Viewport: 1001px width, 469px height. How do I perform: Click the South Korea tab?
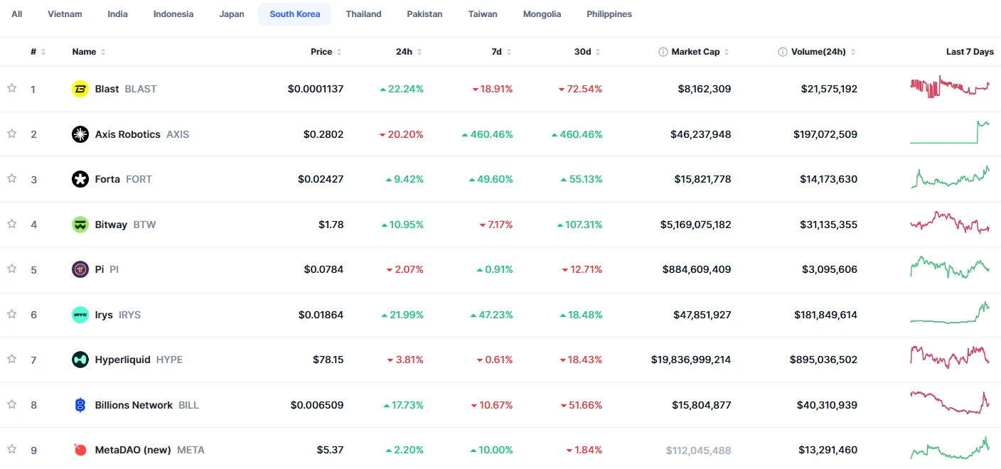(294, 14)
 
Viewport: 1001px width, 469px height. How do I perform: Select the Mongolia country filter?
(542, 14)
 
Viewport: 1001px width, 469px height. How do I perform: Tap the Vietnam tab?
(65, 14)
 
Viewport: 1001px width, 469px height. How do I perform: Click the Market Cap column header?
(695, 52)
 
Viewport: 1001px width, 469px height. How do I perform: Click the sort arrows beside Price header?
(339, 52)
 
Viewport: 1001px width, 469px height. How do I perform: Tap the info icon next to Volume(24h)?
(783, 52)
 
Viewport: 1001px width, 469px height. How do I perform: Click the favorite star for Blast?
(12, 88)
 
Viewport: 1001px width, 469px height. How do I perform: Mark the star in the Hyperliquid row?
(12, 359)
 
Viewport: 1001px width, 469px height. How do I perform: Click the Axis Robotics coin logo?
(80, 134)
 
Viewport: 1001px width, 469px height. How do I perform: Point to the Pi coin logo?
(80, 269)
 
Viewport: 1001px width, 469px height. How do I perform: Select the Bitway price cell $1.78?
(331, 225)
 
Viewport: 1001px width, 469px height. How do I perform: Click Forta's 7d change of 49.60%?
(491, 179)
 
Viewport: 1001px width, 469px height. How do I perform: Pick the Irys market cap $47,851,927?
(702, 315)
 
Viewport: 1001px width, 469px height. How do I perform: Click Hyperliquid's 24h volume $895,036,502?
(823, 360)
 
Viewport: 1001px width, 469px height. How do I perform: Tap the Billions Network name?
(134, 405)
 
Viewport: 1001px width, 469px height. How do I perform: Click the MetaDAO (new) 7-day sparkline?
(950, 448)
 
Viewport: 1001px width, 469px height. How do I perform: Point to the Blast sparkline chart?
(950, 87)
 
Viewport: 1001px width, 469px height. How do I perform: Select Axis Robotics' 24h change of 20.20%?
(401, 134)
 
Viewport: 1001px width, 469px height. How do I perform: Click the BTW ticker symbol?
(144, 225)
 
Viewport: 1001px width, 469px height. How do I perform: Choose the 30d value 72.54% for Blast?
(580, 89)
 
